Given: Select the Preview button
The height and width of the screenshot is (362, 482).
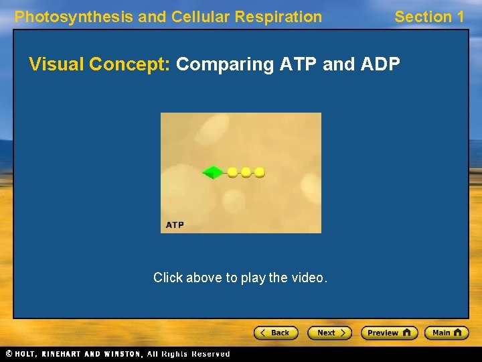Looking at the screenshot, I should point(389,333).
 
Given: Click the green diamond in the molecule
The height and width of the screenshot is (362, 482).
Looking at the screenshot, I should point(212,172).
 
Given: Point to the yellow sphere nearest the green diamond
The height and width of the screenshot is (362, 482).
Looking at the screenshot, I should point(232,172).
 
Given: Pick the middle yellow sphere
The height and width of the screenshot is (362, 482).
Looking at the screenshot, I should point(246,172).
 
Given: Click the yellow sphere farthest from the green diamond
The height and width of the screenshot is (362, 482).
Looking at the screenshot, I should point(260,172).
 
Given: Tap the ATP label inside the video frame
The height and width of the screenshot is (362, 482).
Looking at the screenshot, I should point(175,225).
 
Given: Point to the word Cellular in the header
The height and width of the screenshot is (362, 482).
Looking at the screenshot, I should point(199,17).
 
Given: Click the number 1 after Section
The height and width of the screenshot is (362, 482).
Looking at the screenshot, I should point(459,17).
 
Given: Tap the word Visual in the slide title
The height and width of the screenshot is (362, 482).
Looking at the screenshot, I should point(56,64).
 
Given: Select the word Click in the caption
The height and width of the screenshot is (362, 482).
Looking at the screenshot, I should point(167,278).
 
